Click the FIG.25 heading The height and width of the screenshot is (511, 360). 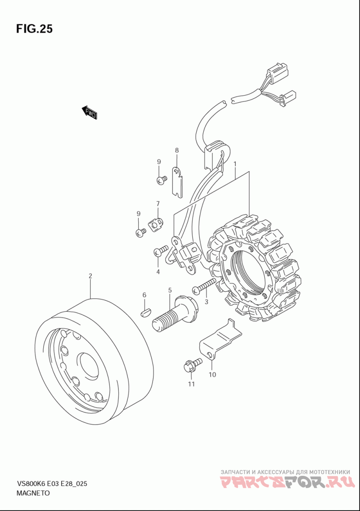pos(34,29)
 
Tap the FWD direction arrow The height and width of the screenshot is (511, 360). pos(89,113)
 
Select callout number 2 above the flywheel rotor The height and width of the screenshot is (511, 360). pos(90,276)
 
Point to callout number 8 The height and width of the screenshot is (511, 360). pos(176,150)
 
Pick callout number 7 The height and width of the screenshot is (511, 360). pos(157,203)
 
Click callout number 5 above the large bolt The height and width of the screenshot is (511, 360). pos(170,290)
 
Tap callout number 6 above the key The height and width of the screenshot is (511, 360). pos(144,295)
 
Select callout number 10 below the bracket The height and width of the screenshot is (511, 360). pos(212,375)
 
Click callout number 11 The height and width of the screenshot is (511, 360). pos(191,384)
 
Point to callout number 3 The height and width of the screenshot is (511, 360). pos(206,302)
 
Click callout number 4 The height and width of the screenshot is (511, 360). pos(157,271)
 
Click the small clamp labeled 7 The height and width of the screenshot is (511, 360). pos(157,224)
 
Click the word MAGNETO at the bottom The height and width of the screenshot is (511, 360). pos(33,493)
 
